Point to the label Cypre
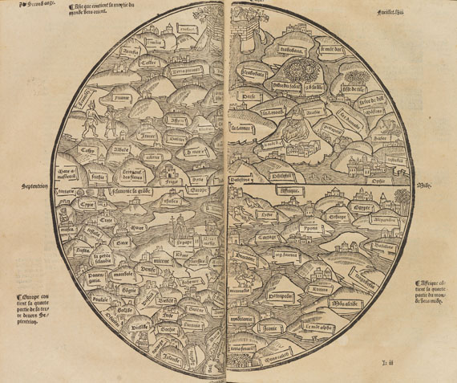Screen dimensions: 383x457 click(88, 206)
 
